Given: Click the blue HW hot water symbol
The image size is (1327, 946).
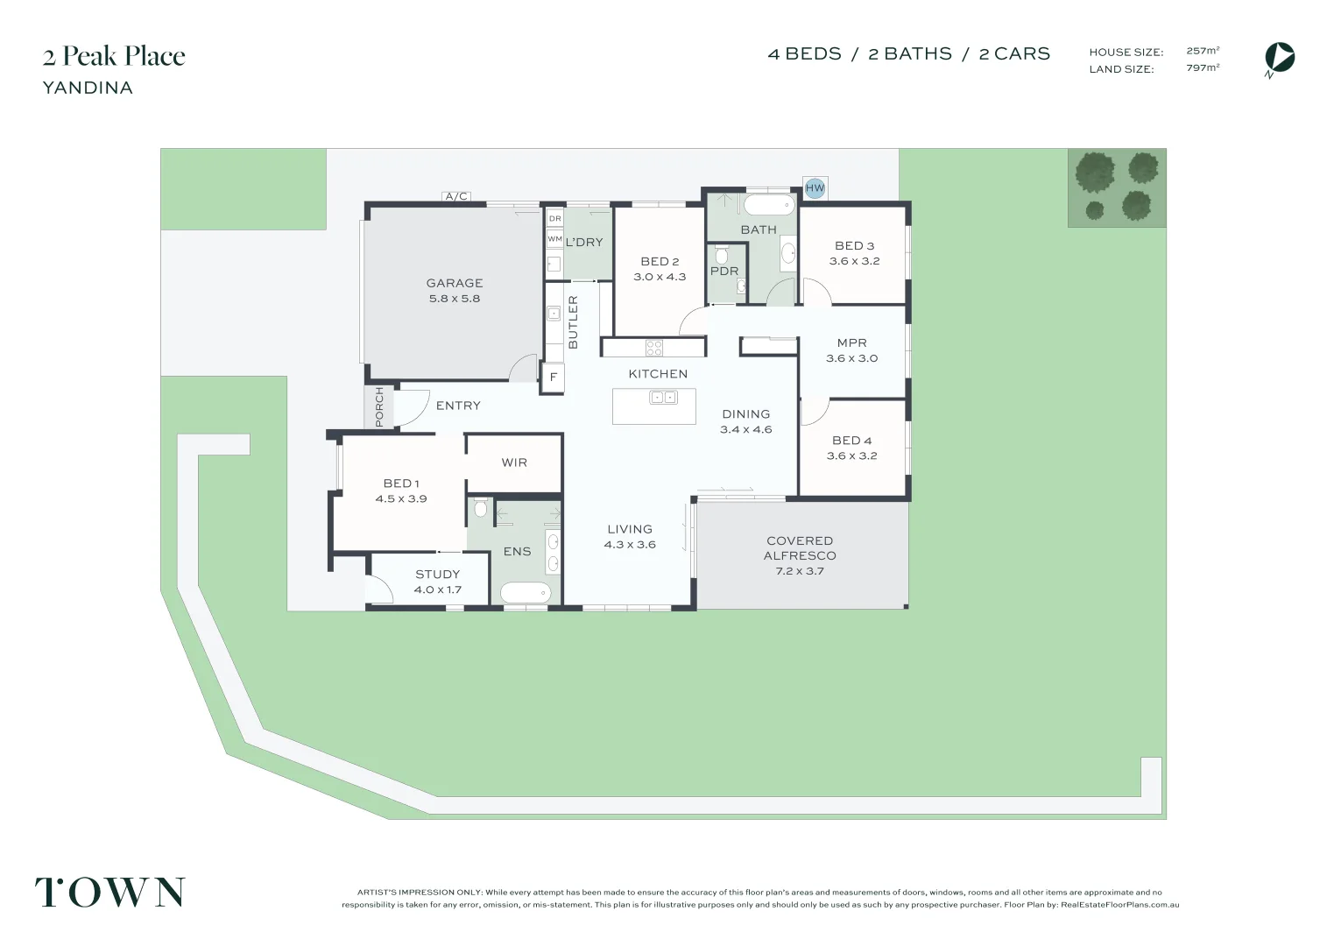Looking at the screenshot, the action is click(x=815, y=188).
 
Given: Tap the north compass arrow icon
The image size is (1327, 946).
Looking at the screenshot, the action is click(x=1280, y=58).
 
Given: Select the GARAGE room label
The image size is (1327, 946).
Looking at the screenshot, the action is click(x=455, y=283).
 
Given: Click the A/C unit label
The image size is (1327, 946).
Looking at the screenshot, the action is click(x=456, y=196).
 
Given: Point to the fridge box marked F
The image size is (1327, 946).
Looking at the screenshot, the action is click(x=554, y=377).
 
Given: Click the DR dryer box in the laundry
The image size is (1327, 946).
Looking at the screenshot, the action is click(x=554, y=219).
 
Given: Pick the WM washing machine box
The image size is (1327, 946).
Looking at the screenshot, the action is click(x=554, y=239).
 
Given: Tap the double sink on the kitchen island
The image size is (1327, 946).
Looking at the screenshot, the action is click(x=664, y=397).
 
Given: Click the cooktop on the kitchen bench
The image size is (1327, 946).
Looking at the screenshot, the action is click(x=654, y=348).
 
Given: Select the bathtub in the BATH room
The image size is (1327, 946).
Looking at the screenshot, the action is click(x=769, y=206).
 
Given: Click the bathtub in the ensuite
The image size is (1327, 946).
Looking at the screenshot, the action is click(x=526, y=592).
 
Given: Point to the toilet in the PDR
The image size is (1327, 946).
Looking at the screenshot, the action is click(x=721, y=255).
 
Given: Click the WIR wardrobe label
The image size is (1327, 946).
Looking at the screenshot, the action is click(x=514, y=462).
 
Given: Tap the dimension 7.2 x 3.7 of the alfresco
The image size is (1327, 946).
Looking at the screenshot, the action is click(x=800, y=571).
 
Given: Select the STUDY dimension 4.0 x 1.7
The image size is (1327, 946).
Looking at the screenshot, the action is click(x=438, y=589).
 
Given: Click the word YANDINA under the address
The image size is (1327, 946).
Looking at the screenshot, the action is click(x=88, y=88).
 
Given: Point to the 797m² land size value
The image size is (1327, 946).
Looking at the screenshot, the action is click(x=1203, y=67).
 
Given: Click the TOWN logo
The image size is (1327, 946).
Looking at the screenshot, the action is click(x=110, y=892).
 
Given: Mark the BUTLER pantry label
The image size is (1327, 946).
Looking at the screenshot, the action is click(x=573, y=322).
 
